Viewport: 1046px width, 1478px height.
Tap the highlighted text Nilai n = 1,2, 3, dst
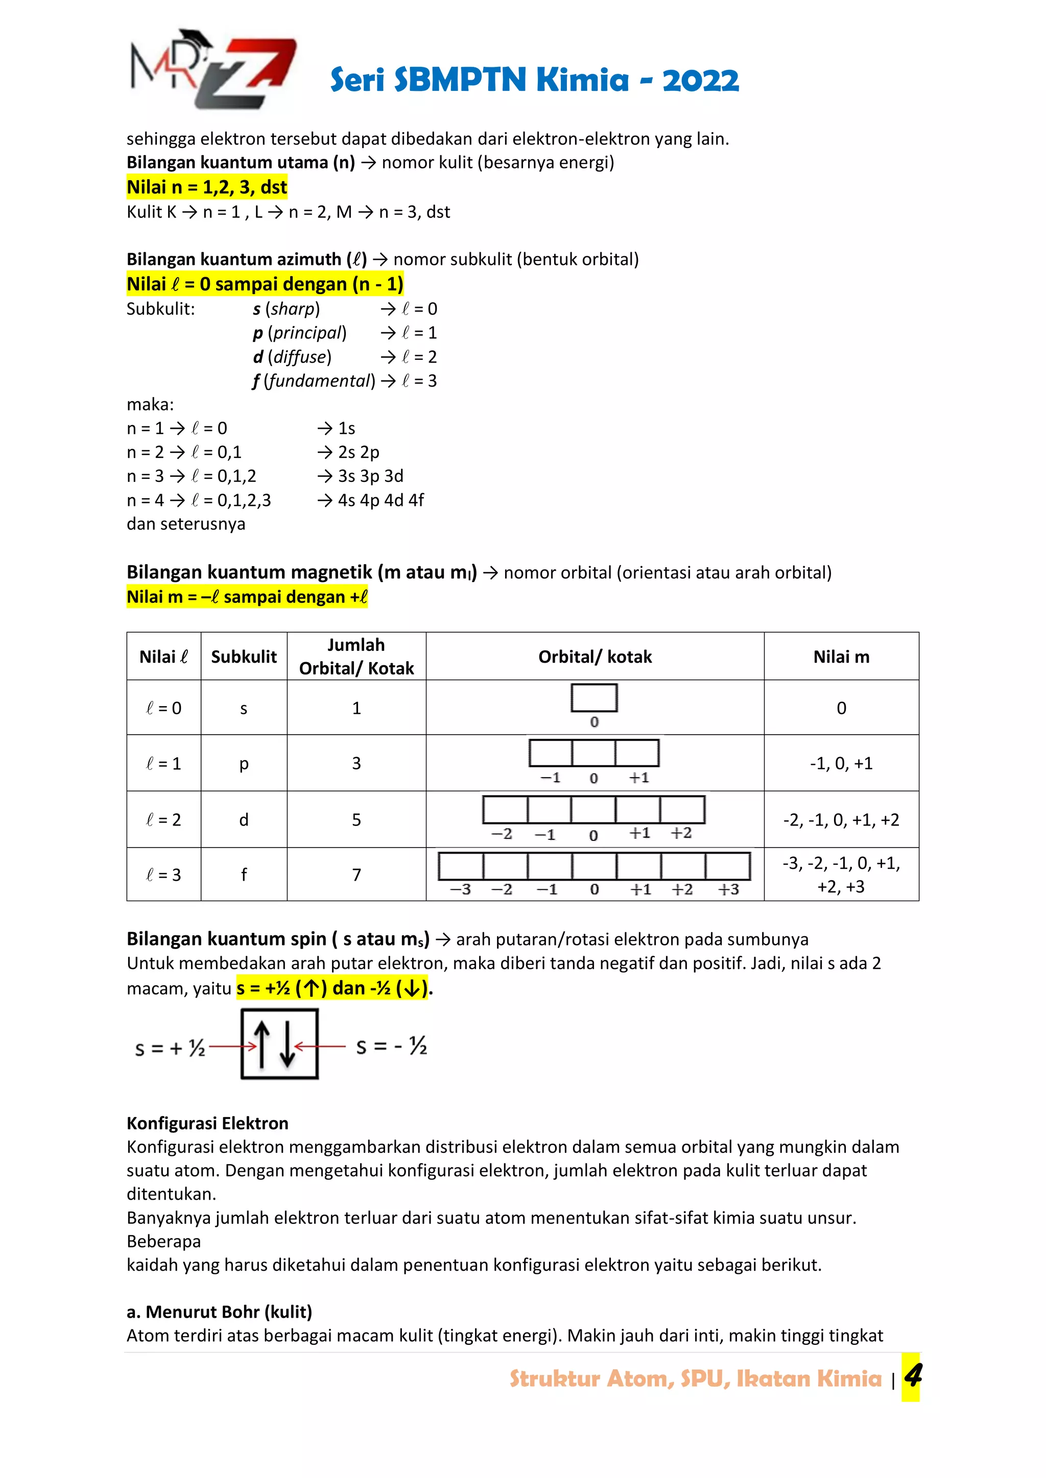(207, 187)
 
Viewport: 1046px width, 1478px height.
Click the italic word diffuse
(299, 357)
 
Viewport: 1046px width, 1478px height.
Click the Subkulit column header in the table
(244, 657)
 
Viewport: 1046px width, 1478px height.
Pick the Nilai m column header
(841, 657)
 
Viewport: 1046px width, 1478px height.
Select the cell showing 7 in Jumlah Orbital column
(356, 875)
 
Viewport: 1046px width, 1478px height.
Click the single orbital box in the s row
(594, 698)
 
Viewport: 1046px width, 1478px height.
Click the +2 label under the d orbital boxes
(681, 833)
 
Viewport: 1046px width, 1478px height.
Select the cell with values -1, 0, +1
(841, 763)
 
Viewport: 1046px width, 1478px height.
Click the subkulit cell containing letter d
(244, 820)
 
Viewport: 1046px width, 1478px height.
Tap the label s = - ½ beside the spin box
(392, 1046)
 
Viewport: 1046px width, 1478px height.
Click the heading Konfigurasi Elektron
(207, 1123)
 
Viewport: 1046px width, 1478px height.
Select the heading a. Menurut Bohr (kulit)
(219, 1312)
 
